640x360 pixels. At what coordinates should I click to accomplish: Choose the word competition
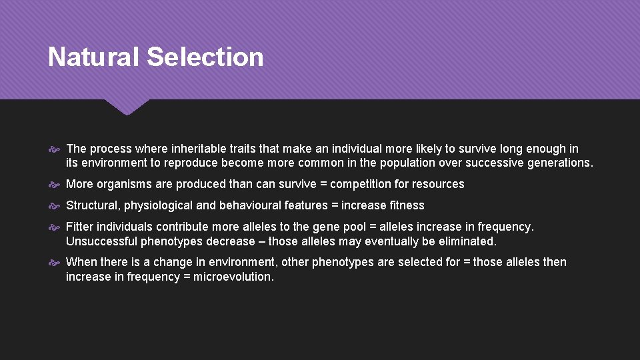361,184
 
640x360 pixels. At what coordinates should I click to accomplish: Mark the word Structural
93,205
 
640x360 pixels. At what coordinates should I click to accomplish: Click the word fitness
407,205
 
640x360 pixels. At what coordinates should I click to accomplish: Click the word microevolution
233,276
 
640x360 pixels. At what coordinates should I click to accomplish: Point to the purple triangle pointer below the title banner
127,106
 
